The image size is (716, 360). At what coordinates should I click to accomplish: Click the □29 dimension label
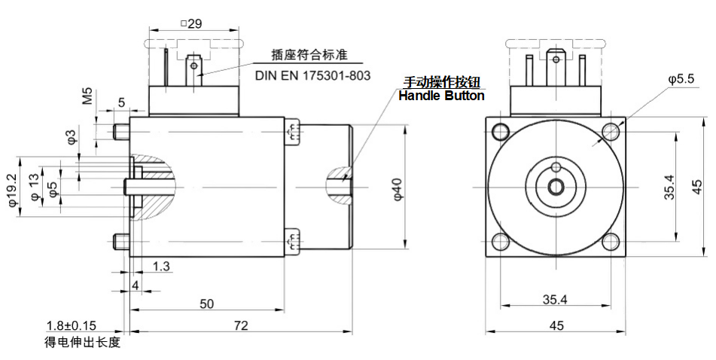[x=191, y=23]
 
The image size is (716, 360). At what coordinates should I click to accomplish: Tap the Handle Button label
[x=441, y=96]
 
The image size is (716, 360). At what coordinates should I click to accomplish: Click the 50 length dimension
[x=207, y=304]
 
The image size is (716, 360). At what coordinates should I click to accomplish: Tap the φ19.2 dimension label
[x=13, y=185]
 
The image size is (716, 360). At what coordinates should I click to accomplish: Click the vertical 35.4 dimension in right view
[x=669, y=187]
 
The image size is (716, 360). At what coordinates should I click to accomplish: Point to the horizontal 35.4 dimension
[x=555, y=300]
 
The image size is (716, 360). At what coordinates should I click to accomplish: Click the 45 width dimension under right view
[x=556, y=325]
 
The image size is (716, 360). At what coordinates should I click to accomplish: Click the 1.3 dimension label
[x=161, y=266]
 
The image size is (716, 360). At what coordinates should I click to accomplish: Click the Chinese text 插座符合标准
[x=312, y=56]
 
